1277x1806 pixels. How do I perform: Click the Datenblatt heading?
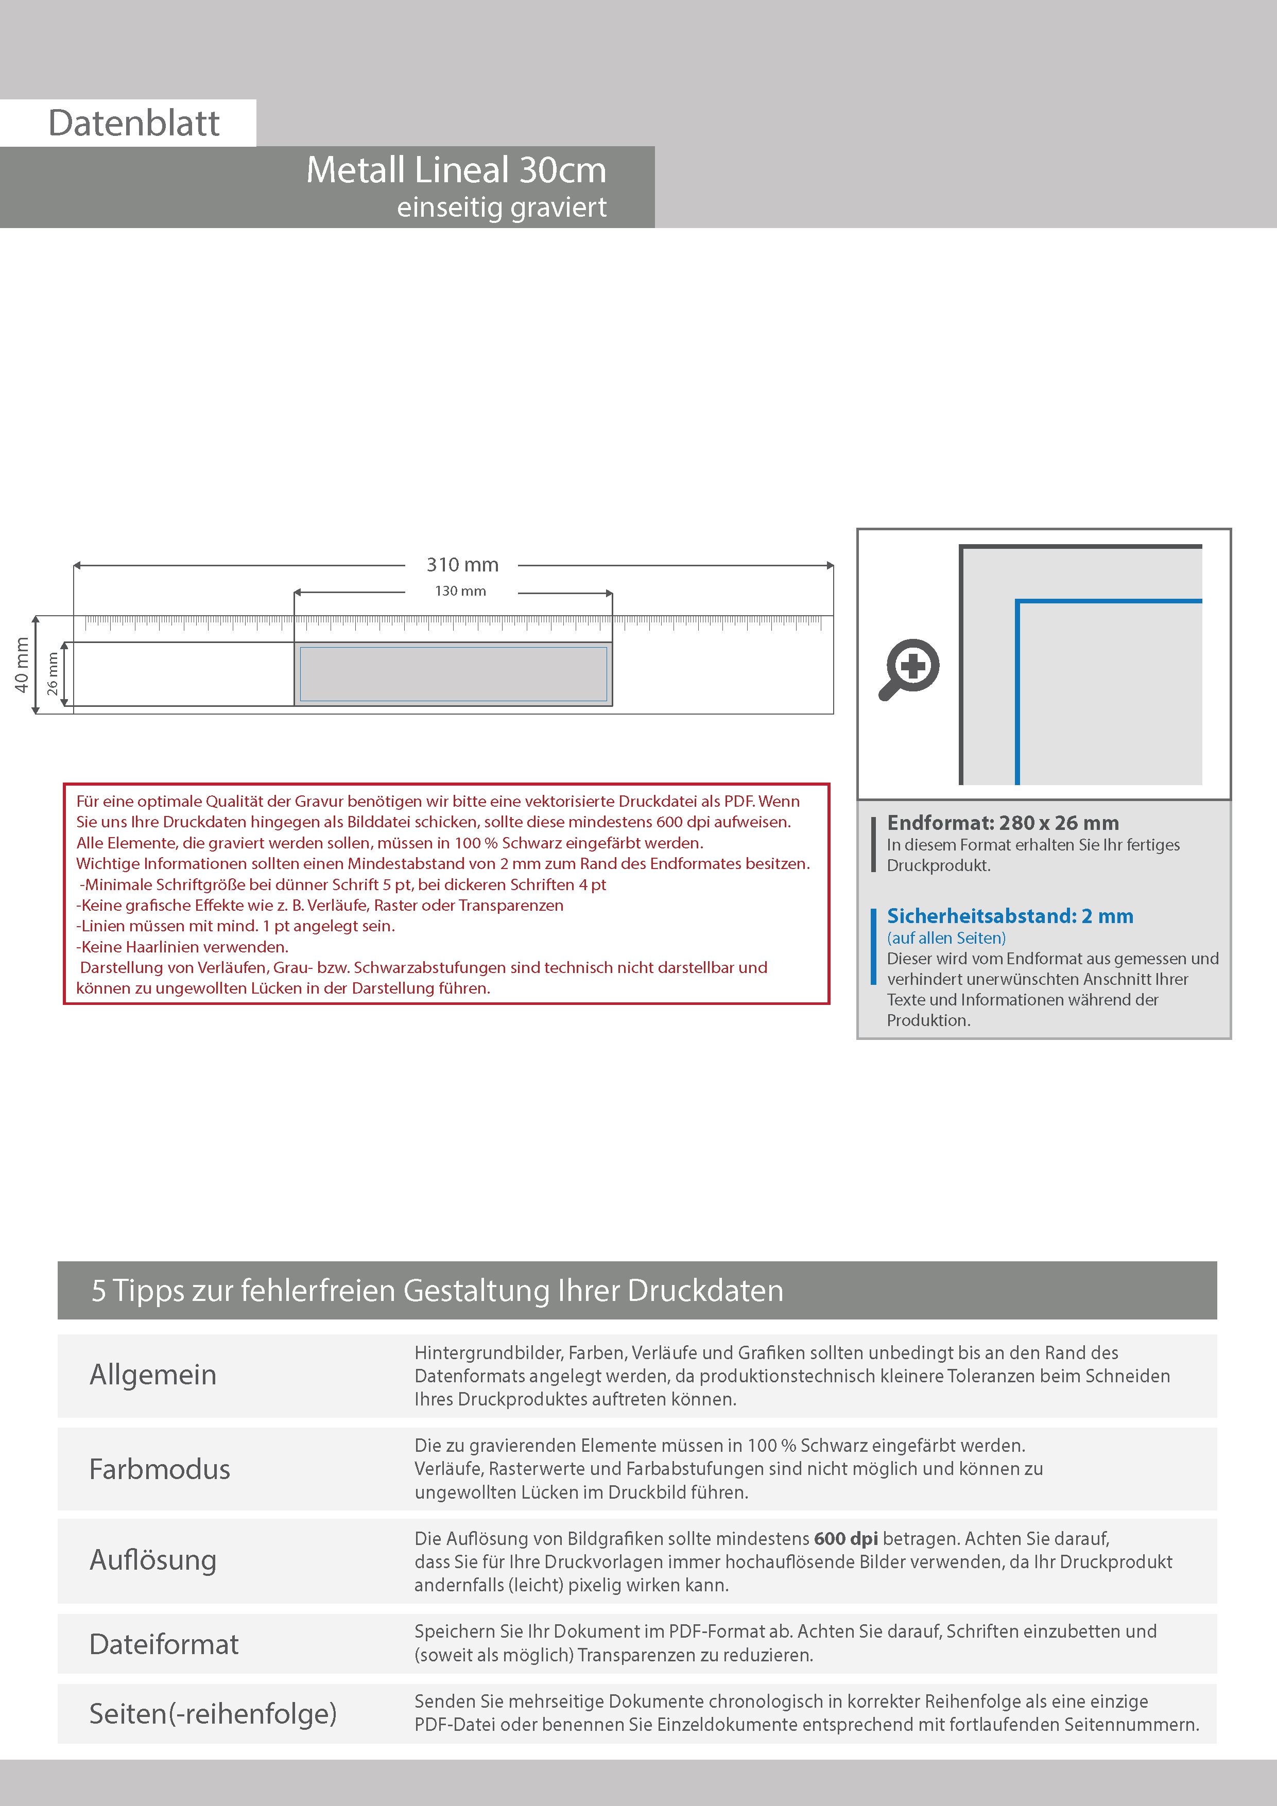pyautogui.click(x=134, y=124)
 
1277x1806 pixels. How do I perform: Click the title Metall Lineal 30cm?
pyautogui.click(x=456, y=170)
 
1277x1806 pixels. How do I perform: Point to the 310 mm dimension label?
pyautogui.click(x=462, y=565)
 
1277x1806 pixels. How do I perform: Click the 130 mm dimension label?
pyautogui.click(x=460, y=591)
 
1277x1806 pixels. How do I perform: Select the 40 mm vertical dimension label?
pyautogui.click(x=21, y=665)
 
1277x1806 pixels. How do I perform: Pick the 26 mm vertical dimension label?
pyautogui.click(x=52, y=673)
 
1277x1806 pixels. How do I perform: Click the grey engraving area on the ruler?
pyautogui.click(x=453, y=673)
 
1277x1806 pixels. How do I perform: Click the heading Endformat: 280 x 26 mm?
pyautogui.click(x=1003, y=823)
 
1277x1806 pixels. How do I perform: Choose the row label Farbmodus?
pyautogui.click(x=159, y=1469)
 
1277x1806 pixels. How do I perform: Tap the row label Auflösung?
pyautogui.click(x=152, y=1560)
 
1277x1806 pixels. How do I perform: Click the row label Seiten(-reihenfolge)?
pyautogui.click(x=213, y=1713)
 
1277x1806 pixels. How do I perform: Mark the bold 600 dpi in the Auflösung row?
pyautogui.click(x=846, y=1539)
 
